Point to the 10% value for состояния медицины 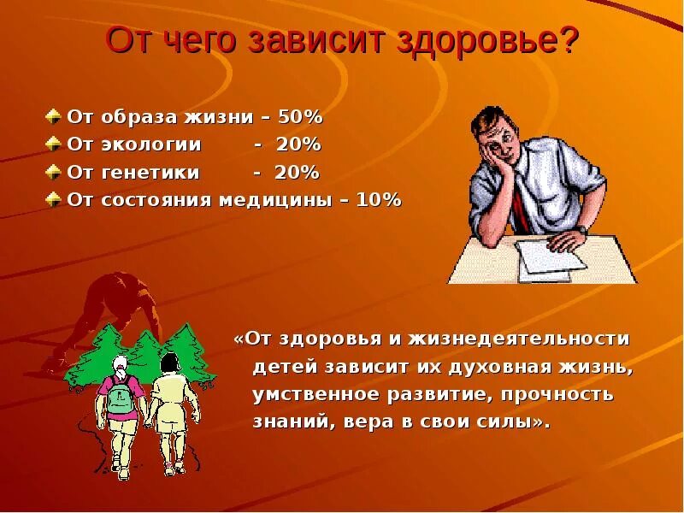point(380,200)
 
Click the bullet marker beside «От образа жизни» point(53,116)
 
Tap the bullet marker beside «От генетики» point(53,173)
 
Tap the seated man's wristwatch point(581,228)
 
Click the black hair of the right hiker point(170,363)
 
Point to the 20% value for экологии point(298,144)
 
